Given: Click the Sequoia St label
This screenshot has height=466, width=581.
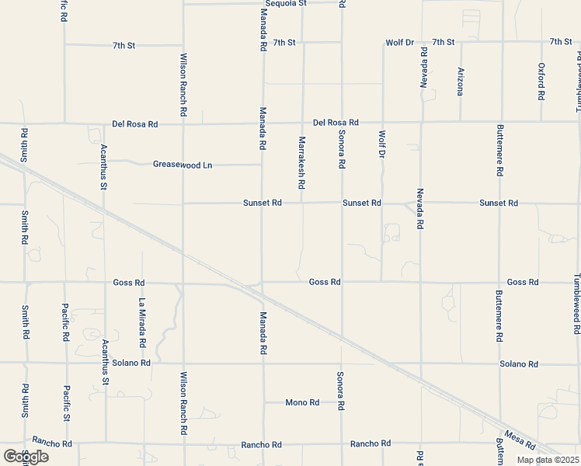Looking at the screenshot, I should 281,4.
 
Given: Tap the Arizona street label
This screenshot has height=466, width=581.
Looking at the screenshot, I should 461,82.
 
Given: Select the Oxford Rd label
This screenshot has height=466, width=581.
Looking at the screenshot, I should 541,82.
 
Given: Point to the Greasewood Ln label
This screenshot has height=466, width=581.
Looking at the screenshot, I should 183,165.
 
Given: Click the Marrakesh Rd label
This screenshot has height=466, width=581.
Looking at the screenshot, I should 301,164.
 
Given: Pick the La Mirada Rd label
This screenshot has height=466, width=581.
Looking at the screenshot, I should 142,322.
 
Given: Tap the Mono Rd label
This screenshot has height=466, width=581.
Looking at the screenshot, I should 302,402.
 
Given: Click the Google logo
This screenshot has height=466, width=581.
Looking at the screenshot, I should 26,457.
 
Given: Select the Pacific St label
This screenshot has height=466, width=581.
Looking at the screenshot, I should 67,404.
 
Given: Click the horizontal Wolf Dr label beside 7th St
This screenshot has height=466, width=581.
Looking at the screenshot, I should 400,42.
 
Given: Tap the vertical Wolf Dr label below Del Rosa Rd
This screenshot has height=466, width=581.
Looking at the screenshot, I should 382,144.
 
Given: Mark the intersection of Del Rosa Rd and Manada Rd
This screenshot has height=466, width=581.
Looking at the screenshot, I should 263,123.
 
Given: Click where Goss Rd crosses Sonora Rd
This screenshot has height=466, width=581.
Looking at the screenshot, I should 342,282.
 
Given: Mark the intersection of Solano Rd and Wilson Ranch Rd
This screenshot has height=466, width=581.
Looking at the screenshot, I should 183,363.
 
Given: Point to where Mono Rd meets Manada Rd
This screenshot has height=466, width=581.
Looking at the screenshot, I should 263,402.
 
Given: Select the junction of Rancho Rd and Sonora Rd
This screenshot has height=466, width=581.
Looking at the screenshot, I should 342,443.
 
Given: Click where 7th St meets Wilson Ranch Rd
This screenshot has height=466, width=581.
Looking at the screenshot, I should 183,44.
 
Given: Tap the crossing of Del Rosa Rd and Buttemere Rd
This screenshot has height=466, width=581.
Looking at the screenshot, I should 500,122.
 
